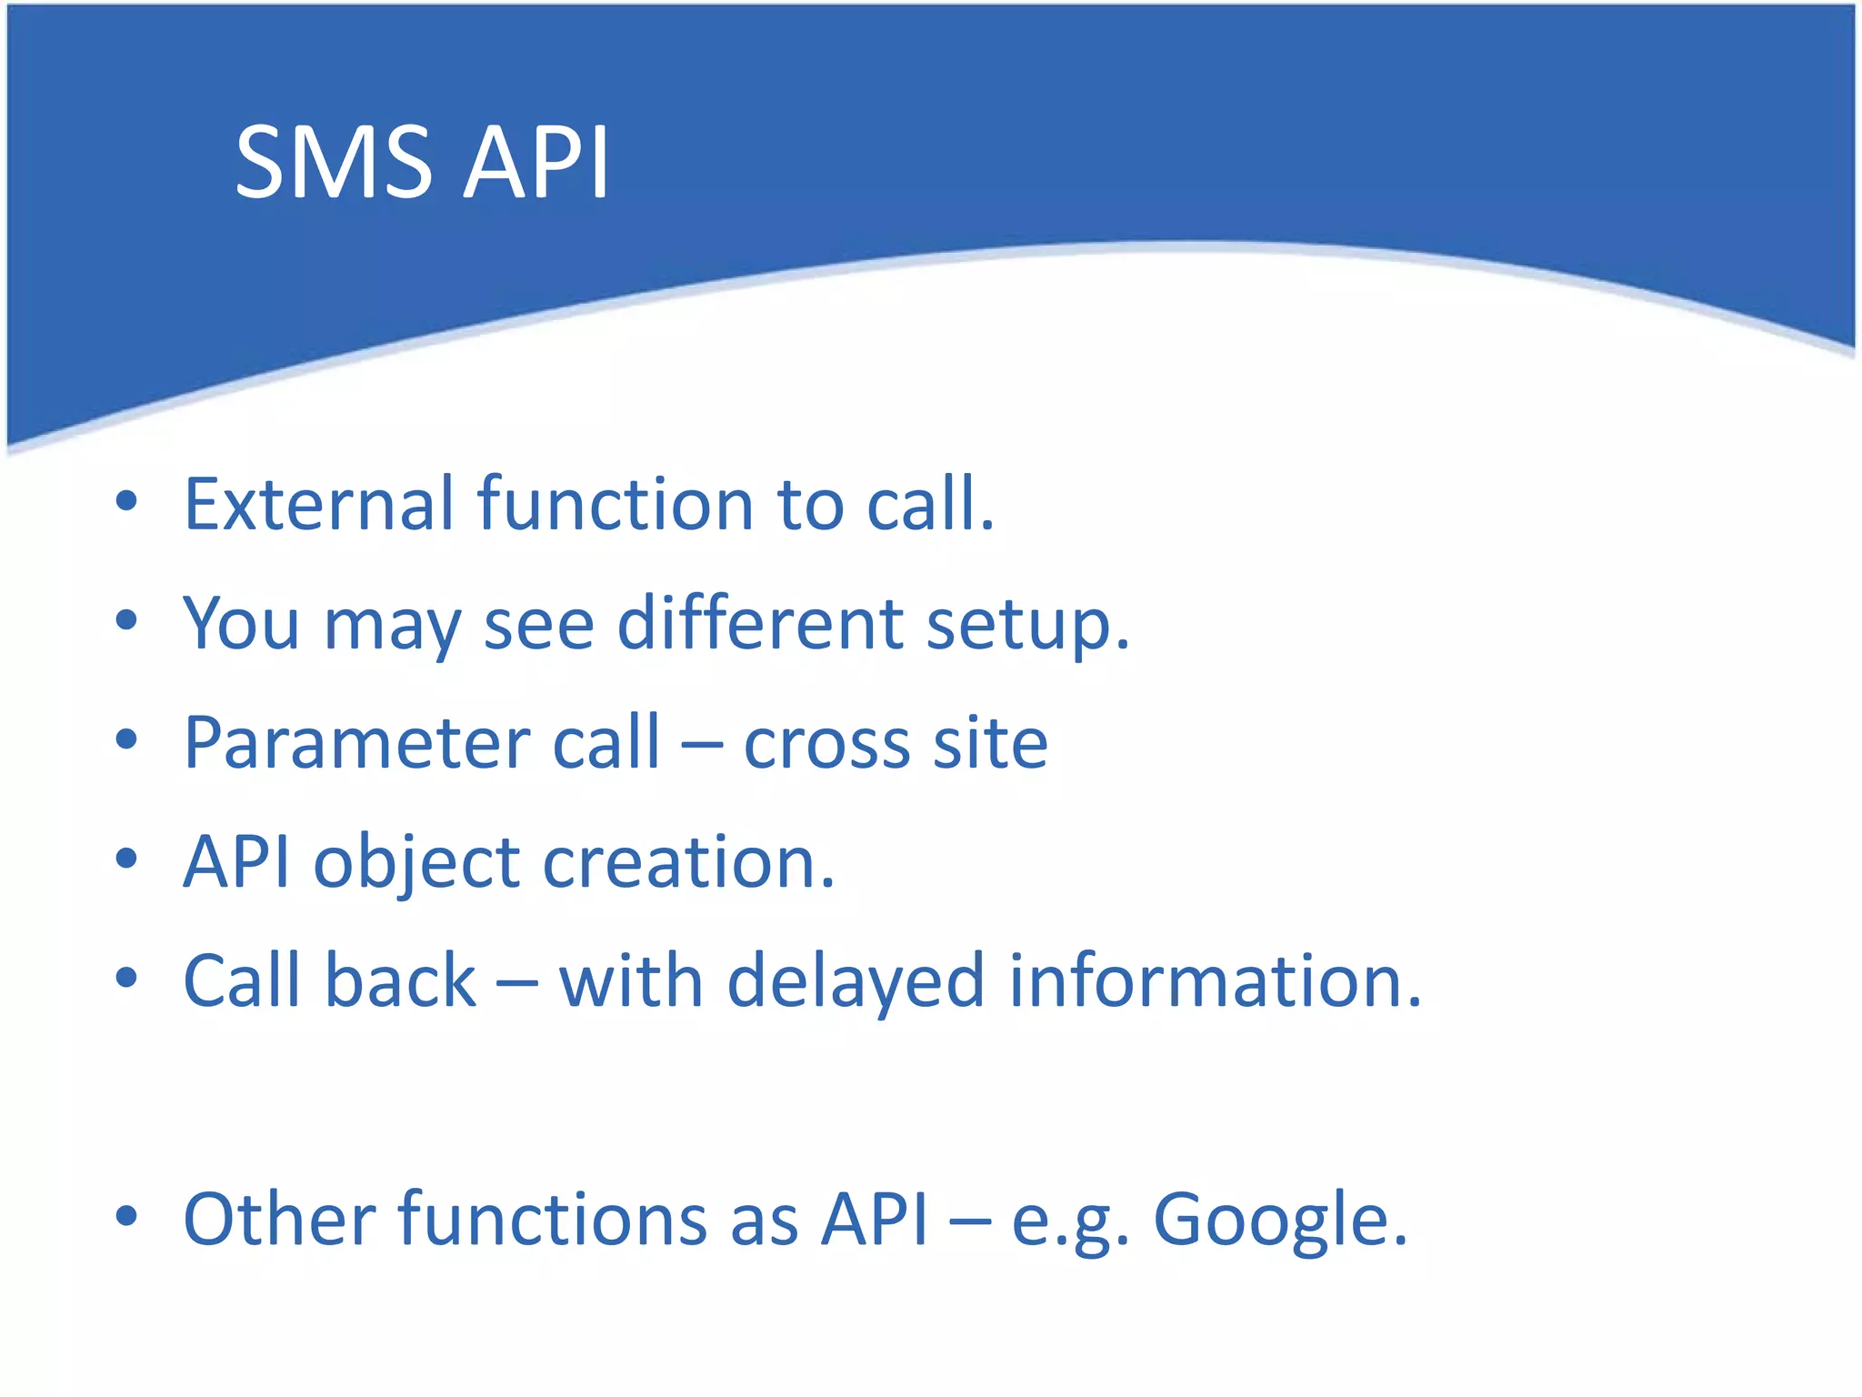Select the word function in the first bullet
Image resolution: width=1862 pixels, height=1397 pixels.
click(616, 504)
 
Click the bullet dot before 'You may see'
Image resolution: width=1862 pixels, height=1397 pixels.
click(126, 621)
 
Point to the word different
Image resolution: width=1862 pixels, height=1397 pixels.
click(760, 625)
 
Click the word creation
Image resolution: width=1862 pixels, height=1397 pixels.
click(687, 862)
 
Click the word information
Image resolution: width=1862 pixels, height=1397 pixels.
click(1215, 981)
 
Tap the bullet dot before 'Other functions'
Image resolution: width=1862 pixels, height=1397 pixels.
click(126, 1216)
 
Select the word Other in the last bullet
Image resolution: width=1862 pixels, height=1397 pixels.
click(279, 1219)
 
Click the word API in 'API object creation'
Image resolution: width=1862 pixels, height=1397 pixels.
click(236, 862)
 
